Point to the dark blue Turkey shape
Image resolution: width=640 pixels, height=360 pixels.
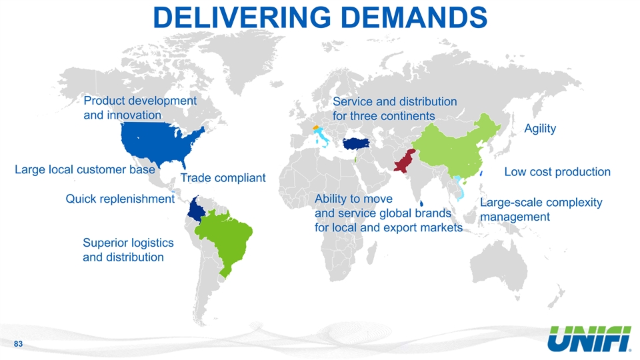[356, 144]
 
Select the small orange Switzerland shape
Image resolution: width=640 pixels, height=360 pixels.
[315, 128]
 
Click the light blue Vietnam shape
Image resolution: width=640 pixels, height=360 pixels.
[460, 188]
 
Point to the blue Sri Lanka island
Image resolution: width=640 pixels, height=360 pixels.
[421, 203]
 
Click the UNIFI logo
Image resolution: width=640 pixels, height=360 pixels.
[589, 339]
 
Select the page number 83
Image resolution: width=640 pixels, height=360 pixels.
[19, 344]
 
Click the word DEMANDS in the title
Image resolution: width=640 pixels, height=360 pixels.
[414, 17]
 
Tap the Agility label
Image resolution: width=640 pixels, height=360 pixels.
[540, 129]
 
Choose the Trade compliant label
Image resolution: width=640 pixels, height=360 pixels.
[223, 178]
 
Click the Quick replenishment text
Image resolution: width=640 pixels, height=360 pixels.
[120, 199]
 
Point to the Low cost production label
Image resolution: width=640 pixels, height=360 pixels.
[557, 172]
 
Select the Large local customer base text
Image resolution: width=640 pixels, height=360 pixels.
[85, 169]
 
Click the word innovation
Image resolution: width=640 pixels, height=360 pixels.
[134, 115]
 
